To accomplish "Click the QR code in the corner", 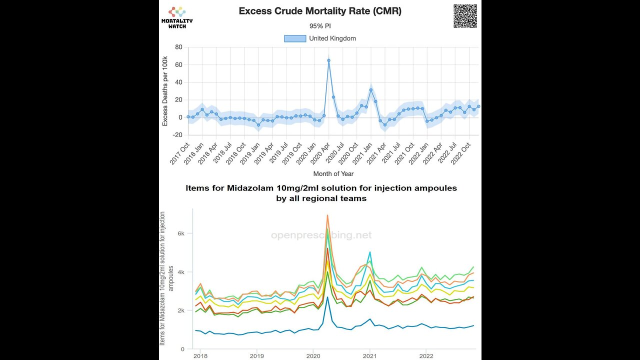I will [x=465, y=16].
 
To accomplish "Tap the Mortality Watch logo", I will [x=176, y=17].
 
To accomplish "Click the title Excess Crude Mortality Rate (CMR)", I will [x=320, y=11].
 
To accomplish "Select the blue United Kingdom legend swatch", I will [x=295, y=38].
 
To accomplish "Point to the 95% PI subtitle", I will [x=320, y=26].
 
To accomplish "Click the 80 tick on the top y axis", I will [x=178, y=47].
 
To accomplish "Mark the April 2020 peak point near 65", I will [x=328, y=60].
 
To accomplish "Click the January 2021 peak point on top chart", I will [x=370, y=90].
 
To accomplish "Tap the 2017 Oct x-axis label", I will [x=179, y=153].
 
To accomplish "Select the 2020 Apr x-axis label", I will [x=319, y=153].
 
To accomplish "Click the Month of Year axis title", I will [x=333, y=174].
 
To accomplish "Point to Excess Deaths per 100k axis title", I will [x=165, y=91].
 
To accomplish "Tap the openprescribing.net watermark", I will [x=321, y=235].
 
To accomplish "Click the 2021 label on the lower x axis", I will [x=369, y=356].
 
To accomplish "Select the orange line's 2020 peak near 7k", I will [x=327, y=215].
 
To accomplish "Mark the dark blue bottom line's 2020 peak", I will [x=327, y=297].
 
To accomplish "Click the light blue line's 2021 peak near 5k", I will [x=369, y=252].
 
